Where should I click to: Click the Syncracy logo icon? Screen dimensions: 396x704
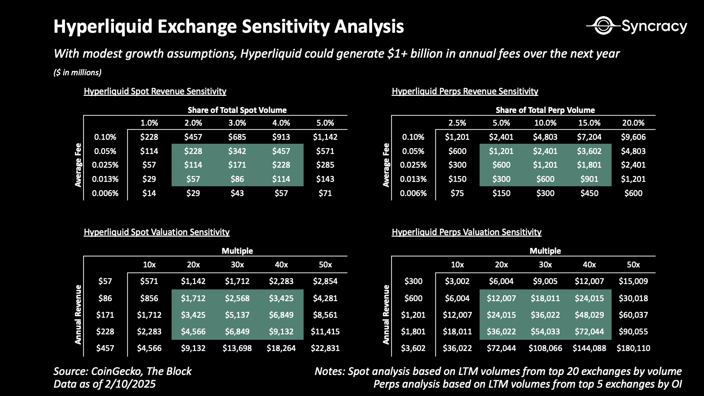point(603,26)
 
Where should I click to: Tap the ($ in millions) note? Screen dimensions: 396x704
point(78,73)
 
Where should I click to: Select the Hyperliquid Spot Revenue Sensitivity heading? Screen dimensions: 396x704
point(155,91)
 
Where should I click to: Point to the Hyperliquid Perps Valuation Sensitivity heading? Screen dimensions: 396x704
point(466,232)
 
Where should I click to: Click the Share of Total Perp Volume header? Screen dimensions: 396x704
point(545,110)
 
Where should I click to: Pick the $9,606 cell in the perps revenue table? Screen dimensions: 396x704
point(633,137)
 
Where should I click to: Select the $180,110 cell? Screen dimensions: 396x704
point(633,349)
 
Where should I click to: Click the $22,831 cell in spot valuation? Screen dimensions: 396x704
point(325,349)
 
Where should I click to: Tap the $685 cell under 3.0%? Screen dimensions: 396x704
point(237,137)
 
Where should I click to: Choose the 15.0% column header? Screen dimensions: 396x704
point(589,123)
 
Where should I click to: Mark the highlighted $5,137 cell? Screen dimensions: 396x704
point(237,315)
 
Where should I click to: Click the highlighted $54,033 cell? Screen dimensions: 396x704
point(545,331)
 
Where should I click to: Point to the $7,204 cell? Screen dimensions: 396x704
point(589,137)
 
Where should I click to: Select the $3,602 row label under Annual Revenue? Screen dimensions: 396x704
point(413,349)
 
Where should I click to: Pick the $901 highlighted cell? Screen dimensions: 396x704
point(589,179)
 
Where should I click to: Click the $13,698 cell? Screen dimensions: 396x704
point(237,349)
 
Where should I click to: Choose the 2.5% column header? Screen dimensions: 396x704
point(457,123)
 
